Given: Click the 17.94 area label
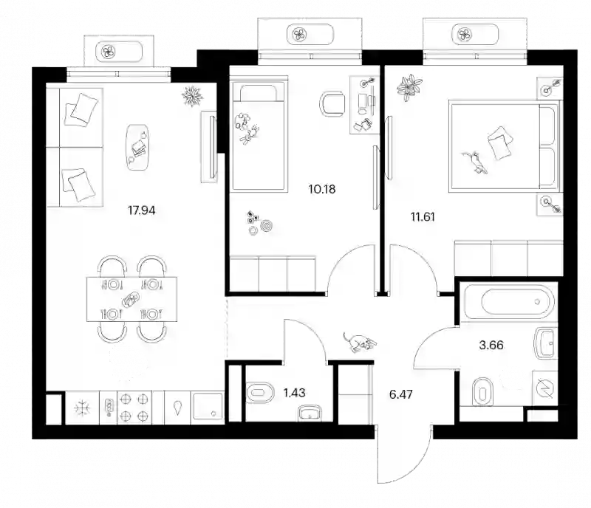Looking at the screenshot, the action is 141,210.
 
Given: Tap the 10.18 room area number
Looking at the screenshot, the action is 322,189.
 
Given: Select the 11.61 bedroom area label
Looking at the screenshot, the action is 423,216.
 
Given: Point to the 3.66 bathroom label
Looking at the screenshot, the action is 491,345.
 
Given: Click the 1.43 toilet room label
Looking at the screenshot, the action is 294,393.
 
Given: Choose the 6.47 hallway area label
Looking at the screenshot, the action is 400,394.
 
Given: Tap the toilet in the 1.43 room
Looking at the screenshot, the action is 261,393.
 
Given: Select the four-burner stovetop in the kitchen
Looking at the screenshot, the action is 134,408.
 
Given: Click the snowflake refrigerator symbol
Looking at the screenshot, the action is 82,408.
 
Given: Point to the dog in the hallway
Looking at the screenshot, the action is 360,342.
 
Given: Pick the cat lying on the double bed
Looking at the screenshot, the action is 474,162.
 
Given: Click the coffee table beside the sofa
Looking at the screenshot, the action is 137,147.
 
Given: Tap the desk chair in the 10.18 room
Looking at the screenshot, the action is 332,103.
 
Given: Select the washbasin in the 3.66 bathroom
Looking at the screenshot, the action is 545,343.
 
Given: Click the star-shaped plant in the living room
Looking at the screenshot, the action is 192,96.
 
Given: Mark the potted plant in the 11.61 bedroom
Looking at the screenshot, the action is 409,87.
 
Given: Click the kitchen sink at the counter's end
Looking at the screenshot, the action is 208,408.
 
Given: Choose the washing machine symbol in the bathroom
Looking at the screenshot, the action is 545,388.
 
